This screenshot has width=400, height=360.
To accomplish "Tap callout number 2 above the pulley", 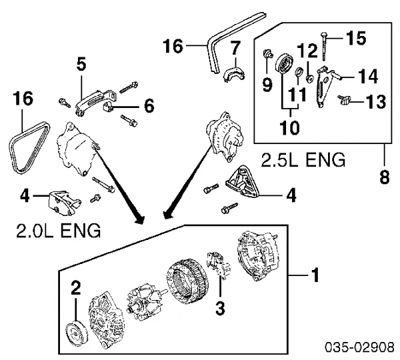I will click(76, 288).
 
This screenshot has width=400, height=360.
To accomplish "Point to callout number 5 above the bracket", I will click(81, 64).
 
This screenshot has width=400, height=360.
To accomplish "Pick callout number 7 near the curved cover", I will click(234, 49).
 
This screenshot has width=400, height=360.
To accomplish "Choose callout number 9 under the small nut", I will click(267, 85).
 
